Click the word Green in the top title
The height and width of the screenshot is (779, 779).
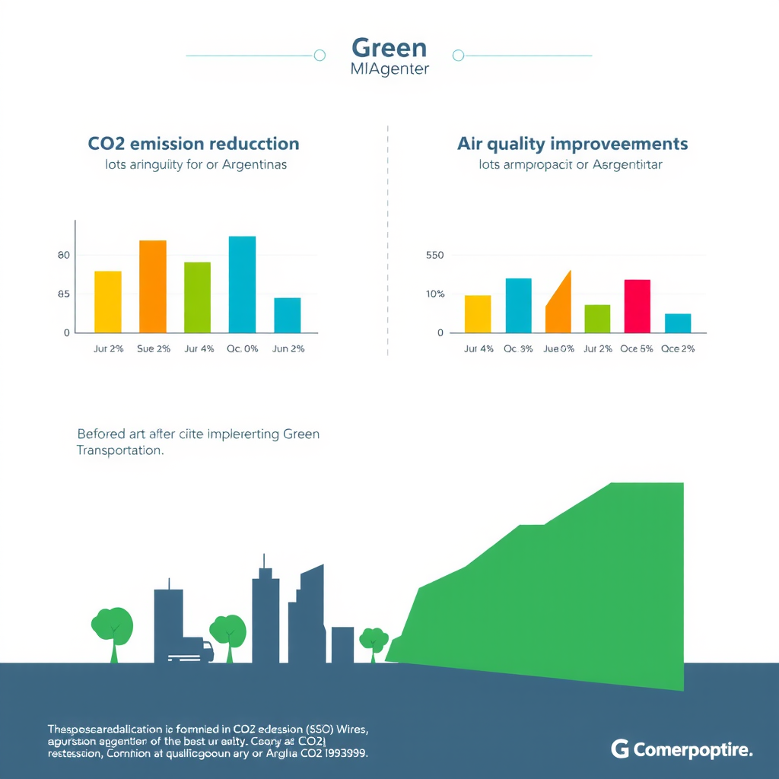pyautogui.click(x=389, y=48)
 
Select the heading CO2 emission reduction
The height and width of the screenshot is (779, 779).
pyautogui.click(x=193, y=144)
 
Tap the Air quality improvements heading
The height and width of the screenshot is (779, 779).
pyautogui.click(x=572, y=144)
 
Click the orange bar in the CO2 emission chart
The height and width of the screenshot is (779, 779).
pyautogui.click(x=152, y=286)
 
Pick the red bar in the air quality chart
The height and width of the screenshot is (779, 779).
pyautogui.click(x=637, y=306)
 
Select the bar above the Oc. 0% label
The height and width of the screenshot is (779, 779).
pyautogui.click(x=242, y=284)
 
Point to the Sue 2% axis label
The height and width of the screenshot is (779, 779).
pyautogui.click(x=154, y=348)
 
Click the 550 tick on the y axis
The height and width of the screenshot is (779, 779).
pyautogui.click(x=434, y=256)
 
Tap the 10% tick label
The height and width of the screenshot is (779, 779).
pyautogui.click(x=434, y=294)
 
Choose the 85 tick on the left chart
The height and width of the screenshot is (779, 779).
pyautogui.click(x=63, y=294)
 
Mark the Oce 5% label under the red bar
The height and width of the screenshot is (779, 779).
pyautogui.click(x=637, y=348)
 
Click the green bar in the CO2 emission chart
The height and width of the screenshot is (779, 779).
pyautogui.click(x=197, y=297)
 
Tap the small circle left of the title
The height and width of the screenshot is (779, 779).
pyautogui.click(x=320, y=55)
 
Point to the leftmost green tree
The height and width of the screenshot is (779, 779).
pyautogui.click(x=113, y=628)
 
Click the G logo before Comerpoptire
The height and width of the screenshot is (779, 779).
pyautogui.click(x=619, y=749)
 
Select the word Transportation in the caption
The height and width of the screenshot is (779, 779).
pyautogui.click(x=119, y=450)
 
